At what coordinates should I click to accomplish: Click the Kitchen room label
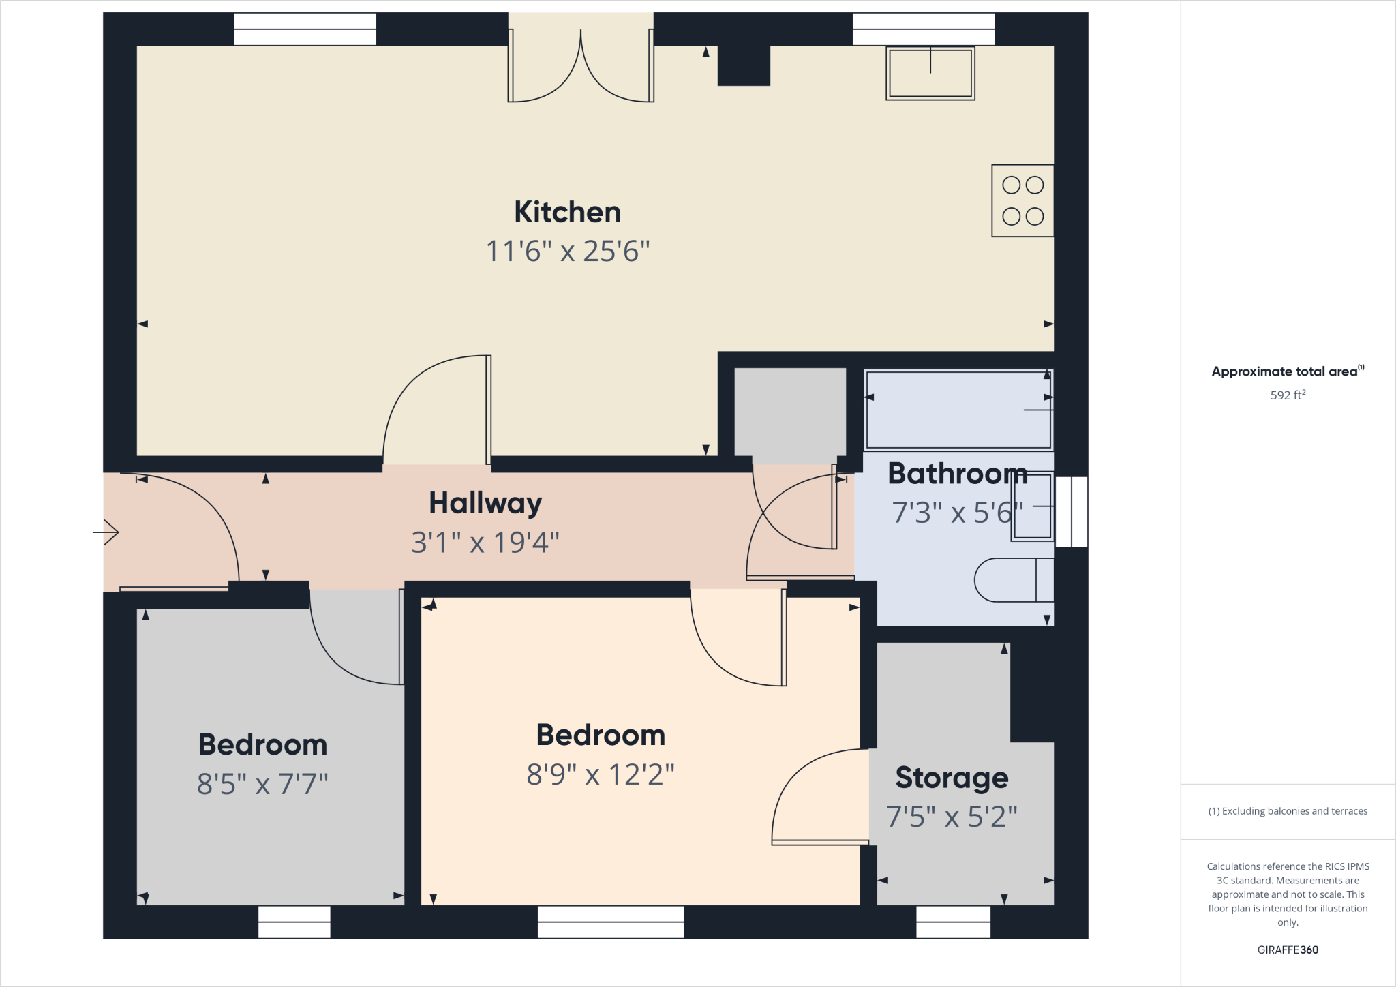(x=567, y=212)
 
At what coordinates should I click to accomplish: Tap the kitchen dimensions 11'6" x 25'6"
(x=567, y=252)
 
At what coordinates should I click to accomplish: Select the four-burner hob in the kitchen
(x=1022, y=200)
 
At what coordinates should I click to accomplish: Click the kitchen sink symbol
(x=930, y=73)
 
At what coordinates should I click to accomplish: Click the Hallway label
(x=485, y=504)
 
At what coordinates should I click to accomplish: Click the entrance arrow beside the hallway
(x=106, y=532)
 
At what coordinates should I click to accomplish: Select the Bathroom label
(x=957, y=474)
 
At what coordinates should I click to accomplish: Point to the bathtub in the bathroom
(x=958, y=410)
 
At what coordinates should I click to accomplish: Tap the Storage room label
(x=952, y=778)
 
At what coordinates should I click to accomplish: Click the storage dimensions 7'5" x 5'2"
(x=952, y=817)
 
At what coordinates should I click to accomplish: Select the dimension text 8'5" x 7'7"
(x=262, y=785)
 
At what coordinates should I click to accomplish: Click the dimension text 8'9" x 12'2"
(x=601, y=775)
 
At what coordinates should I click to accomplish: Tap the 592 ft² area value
(x=1288, y=395)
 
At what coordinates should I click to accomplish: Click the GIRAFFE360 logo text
(x=1288, y=950)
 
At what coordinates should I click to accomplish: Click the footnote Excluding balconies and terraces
(x=1288, y=811)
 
